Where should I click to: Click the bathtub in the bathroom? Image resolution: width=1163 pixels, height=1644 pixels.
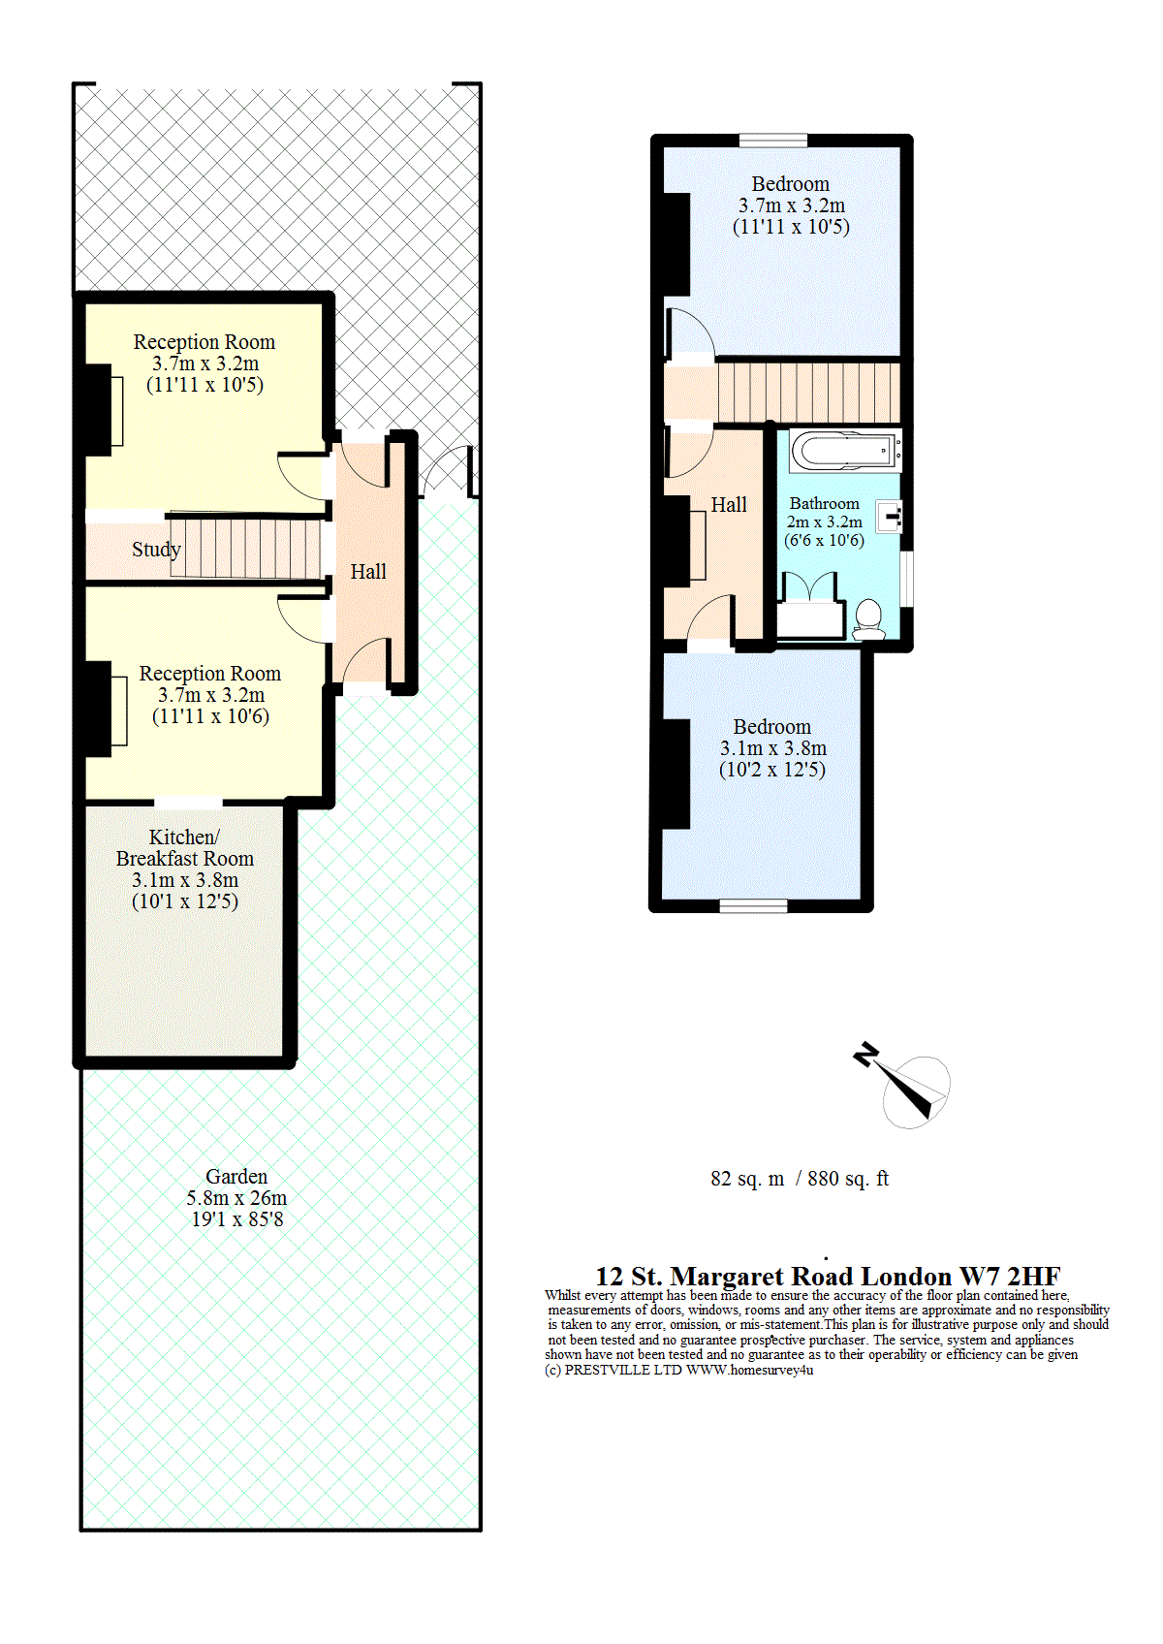point(845,451)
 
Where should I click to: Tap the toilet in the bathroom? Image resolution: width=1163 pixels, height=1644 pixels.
point(868,619)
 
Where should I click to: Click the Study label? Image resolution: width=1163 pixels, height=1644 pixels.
point(156,550)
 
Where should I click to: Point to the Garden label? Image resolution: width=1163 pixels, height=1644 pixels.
point(236,1176)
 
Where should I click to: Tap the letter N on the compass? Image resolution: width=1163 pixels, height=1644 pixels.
point(865,1055)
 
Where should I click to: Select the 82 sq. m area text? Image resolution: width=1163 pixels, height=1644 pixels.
point(747,1179)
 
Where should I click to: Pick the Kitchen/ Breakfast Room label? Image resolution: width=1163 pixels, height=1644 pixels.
point(185,847)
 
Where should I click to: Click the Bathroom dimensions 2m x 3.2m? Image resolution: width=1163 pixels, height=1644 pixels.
point(824,522)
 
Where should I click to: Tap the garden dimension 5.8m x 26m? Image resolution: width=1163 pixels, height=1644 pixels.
point(236,1198)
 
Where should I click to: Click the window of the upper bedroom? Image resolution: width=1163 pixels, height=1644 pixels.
point(772,141)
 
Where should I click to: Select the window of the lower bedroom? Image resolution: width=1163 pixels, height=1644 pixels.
point(753,906)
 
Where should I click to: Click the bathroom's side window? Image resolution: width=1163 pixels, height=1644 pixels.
point(907,579)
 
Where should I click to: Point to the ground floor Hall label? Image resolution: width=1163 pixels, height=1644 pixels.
point(367,571)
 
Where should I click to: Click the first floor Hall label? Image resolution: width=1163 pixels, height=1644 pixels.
point(729,504)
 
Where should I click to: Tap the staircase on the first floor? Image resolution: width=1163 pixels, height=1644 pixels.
point(808,392)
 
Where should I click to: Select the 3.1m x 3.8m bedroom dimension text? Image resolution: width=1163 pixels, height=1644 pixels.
point(772,748)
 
